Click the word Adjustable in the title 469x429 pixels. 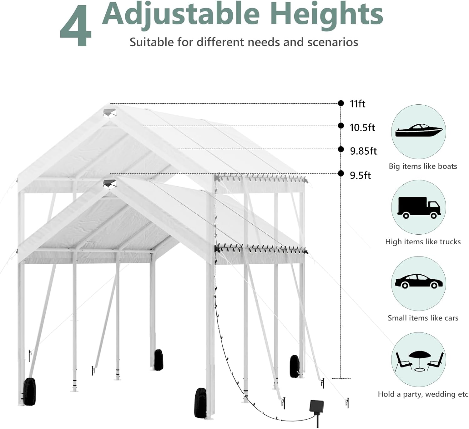(x=181, y=14)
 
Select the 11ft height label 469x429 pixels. (x=357, y=104)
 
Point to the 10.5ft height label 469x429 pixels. (x=362, y=127)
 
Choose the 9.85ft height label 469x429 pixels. (x=363, y=151)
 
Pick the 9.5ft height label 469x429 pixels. (x=360, y=176)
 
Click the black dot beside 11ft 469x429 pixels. (x=341, y=103)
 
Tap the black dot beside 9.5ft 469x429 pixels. (x=341, y=173)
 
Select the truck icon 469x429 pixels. (x=419, y=207)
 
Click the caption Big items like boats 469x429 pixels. (x=423, y=166)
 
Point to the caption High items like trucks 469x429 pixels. (x=423, y=242)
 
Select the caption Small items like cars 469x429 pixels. (x=423, y=318)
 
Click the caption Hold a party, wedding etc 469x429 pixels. (x=423, y=394)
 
